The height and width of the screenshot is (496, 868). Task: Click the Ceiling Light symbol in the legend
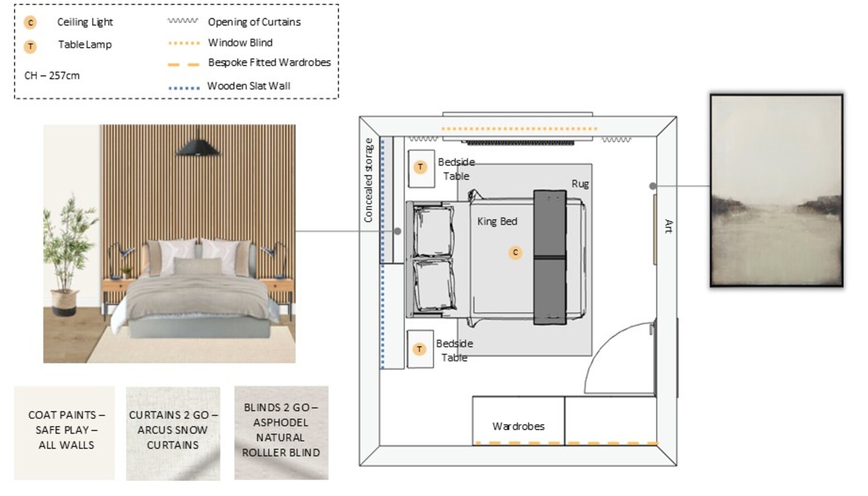click(x=30, y=22)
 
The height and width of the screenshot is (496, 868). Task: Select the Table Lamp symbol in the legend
click(x=30, y=46)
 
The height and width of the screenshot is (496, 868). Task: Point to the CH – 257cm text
click(x=52, y=75)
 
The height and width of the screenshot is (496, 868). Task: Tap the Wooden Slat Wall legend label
click(x=249, y=86)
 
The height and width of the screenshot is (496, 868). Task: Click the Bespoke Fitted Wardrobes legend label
click(x=269, y=62)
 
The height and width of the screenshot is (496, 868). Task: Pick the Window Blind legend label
click(x=240, y=42)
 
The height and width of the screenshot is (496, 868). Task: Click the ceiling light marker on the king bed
click(x=515, y=253)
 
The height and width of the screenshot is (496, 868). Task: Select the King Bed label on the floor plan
click(x=497, y=221)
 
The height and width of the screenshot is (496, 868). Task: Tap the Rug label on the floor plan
click(x=580, y=184)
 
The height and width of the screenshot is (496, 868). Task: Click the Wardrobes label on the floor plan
click(x=518, y=426)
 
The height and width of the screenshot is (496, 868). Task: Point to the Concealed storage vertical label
click(x=369, y=181)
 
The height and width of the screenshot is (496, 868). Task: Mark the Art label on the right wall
click(x=669, y=226)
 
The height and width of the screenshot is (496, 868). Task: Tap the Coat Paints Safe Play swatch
click(x=65, y=433)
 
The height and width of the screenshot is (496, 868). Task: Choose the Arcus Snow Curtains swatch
click(x=173, y=433)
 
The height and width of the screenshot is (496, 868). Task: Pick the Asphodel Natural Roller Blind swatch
click(x=281, y=433)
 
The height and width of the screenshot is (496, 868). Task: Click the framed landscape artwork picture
click(x=777, y=191)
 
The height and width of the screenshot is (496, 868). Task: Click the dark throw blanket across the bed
click(x=550, y=257)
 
